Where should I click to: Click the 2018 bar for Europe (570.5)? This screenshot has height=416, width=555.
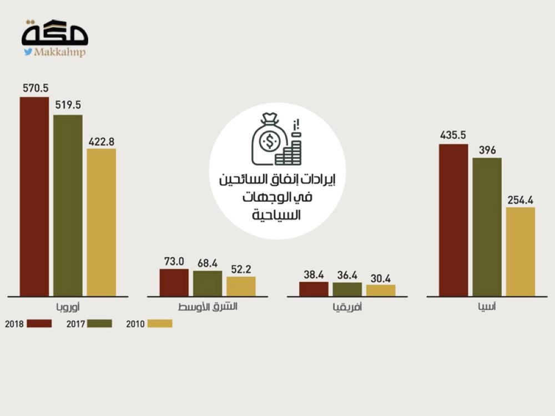click(34, 196)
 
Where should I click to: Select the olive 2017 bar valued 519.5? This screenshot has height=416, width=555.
click(68, 205)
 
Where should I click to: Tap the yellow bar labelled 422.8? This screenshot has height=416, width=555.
click(102, 222)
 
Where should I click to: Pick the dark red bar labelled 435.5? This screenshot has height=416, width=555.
click(453, 220)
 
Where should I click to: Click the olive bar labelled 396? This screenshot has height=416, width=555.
click(487, 227)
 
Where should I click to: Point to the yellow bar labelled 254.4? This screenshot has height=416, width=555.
click(521, 251)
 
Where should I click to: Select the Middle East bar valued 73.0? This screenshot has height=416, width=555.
click(174, 282)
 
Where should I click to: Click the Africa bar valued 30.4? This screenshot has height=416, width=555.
click(381, 290)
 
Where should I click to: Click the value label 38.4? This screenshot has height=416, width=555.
click(314, 274)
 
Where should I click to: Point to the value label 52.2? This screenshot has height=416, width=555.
click(241, 268)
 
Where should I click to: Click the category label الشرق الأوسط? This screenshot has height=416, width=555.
click(208, 307)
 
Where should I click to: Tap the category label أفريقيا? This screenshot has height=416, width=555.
click(347, 307)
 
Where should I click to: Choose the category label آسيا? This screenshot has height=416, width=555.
click(487, 307)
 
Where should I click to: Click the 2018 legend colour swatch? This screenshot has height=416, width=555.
click(39, 323)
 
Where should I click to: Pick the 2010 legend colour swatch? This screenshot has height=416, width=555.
click(160, 323)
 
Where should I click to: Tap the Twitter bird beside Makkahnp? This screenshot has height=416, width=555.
click(27, 52)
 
